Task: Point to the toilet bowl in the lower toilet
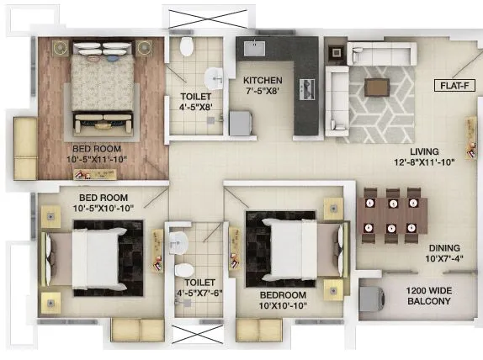pyautogui.click(x=186, y=272)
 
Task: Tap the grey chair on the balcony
pyautogui.click(x=370, y=299)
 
